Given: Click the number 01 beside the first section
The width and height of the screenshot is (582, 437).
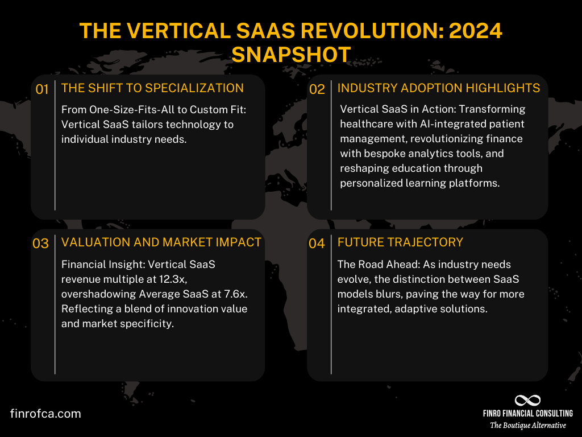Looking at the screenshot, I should coord(41,89).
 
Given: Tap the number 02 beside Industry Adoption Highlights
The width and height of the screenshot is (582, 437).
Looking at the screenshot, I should coord(317,89).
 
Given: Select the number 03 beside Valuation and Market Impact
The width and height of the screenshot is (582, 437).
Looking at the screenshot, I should coord(41,244).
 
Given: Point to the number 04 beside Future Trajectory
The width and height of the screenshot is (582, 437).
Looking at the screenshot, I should coord(317,244).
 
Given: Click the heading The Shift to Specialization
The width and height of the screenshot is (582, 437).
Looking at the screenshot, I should coord(152,88).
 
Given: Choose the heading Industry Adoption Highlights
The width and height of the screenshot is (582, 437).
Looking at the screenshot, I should coord(439,88).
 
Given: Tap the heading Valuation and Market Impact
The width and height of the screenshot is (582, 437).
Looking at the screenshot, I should coord(161,242).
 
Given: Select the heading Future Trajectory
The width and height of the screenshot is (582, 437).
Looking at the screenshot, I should coord(400,242).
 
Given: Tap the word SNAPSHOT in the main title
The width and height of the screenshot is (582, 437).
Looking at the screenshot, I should coord(291,55).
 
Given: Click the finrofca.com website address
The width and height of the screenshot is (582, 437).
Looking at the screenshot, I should coord(45,414).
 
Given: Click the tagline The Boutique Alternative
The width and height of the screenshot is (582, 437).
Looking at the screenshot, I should coord(528,425).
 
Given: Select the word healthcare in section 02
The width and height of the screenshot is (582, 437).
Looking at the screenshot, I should coord(367,123).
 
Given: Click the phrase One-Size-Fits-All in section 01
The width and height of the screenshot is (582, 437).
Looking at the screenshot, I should coord(128,109).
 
